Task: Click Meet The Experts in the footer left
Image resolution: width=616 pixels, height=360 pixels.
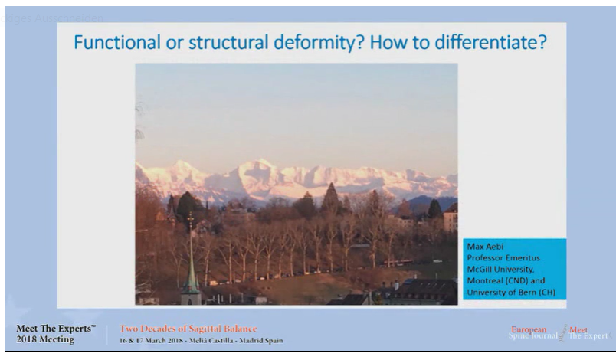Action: [x=56, y=329]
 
